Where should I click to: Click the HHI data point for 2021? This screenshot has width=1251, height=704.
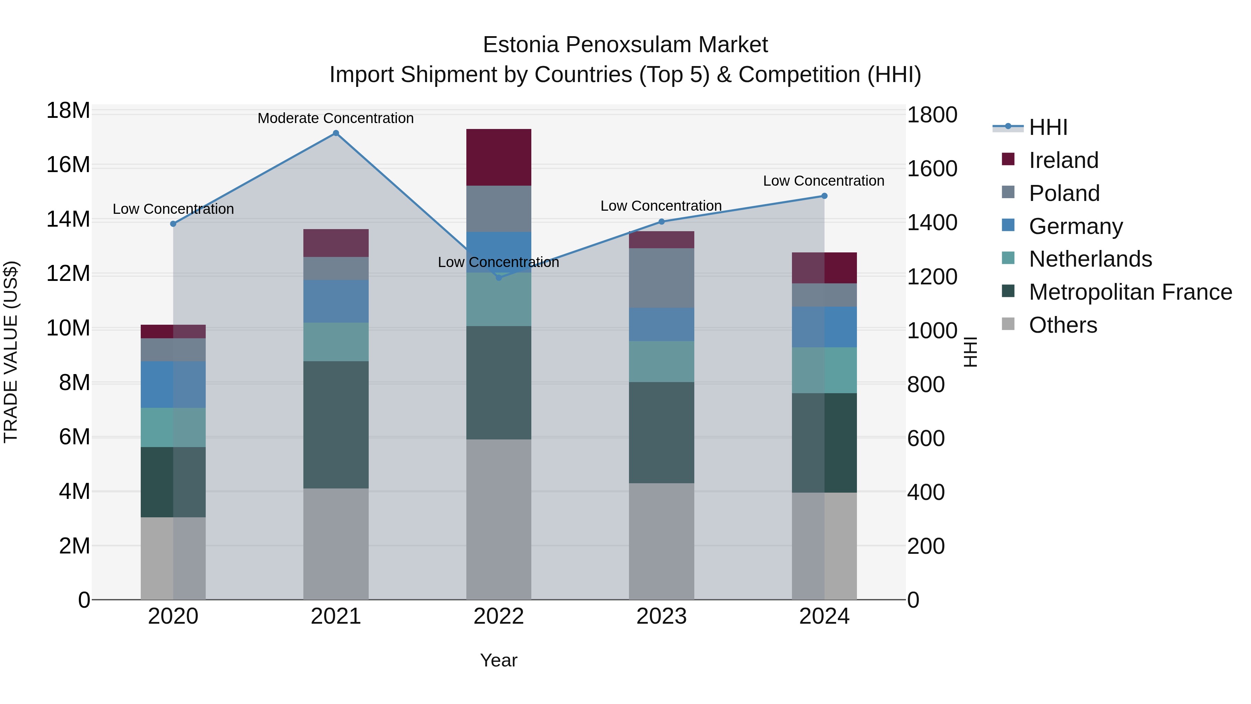tap(336, 133)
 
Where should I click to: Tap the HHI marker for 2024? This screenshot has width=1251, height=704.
tap(824, 196)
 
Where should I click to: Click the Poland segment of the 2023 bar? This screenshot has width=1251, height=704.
tap(661, 277)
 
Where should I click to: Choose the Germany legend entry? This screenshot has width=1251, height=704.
tap(1075, 226)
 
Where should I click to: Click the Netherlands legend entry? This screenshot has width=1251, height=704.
tap(1090, 259)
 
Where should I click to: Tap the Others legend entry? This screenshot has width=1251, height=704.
tap(1063, 325)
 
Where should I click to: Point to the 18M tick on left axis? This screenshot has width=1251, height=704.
tap(68, 111)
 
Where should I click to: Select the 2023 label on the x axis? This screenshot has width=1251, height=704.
tap(661, 616)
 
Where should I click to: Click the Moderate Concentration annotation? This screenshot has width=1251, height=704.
tap(336, 118)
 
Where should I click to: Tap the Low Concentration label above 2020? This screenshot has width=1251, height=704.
tap(173, 209)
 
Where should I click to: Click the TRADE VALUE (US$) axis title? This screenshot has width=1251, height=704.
tap(11, 352)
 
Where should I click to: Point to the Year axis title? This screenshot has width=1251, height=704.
tap(498, 660)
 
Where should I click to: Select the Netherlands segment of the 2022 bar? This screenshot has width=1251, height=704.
tap(498, 299)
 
